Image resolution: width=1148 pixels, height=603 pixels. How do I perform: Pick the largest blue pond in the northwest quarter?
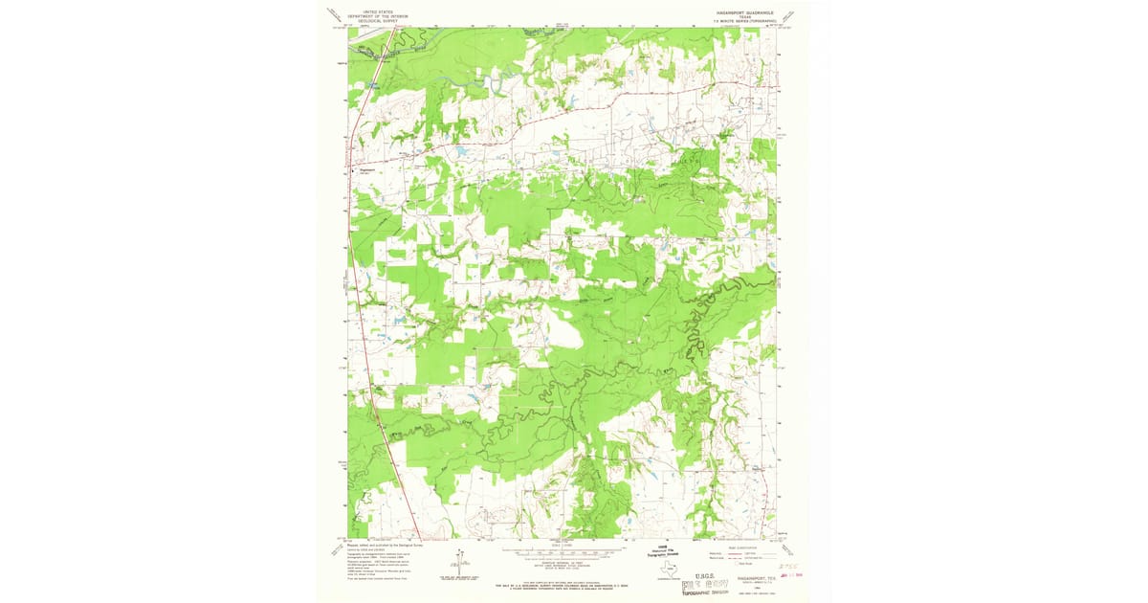tap(462, 151)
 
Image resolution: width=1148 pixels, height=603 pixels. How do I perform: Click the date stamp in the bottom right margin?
tap(790, 576)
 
